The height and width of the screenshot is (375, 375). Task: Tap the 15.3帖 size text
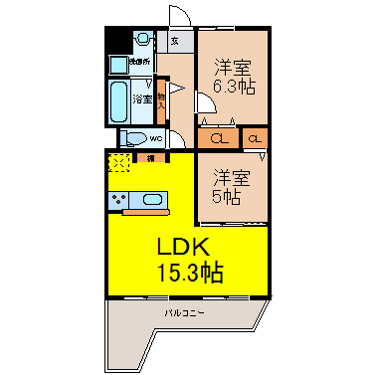point(188,273)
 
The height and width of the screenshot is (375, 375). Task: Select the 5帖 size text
point(226,198)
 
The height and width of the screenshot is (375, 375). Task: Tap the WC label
point(157,137)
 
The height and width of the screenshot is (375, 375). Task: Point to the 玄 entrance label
point(175,42)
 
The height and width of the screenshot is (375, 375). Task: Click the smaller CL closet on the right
point(255,138)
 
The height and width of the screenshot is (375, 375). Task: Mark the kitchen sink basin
point(152,199)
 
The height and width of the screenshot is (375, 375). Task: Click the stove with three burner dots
point(122,200)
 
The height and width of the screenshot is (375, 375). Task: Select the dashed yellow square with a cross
point(118,162)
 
